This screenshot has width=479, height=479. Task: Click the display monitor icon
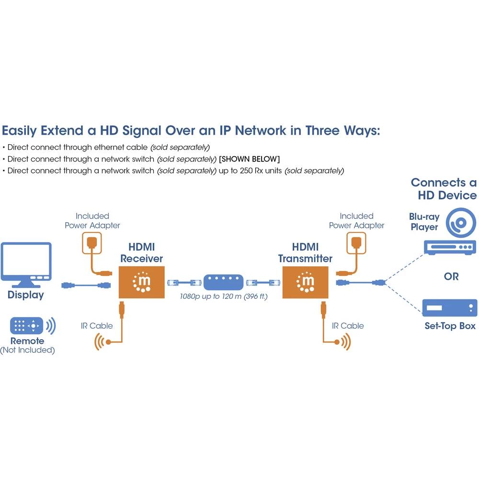coord(26,262)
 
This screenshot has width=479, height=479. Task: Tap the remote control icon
coord(27,326)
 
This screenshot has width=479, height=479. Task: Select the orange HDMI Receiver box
coord(142,282)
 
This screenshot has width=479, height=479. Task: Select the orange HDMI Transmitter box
coord(306,282)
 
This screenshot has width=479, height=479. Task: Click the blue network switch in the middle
coord(224,282)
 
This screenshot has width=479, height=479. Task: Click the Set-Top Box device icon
coord(449,308)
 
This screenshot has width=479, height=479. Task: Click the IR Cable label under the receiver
coord(97,326)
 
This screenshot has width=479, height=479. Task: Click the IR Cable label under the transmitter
coord(348,326)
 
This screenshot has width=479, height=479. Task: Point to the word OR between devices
coord(451,277)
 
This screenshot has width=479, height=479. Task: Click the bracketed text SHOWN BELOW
coord(249,159)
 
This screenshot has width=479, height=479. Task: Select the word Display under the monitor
coord(26,295)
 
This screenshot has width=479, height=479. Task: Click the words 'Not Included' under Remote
coord(27,350)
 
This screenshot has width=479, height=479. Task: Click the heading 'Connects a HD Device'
coord(444,189)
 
